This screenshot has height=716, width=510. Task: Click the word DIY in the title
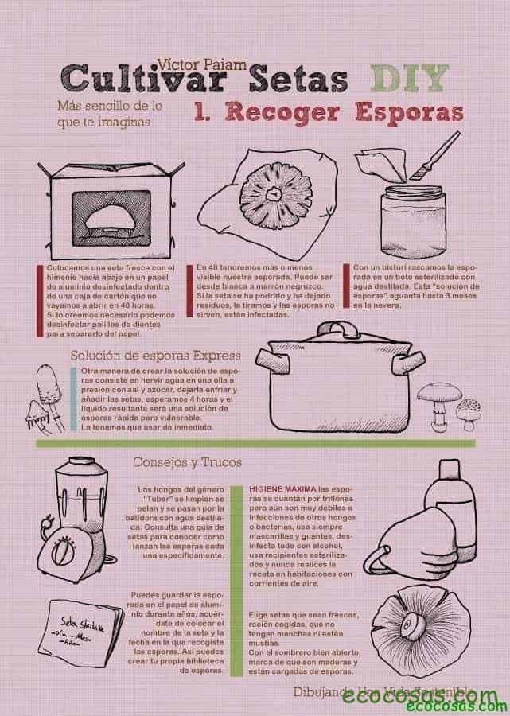point(407,78)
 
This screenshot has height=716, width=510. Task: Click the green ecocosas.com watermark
point(455,706)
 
